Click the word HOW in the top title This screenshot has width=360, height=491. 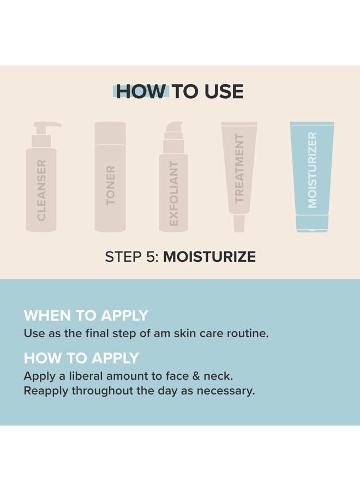tap(140, 92)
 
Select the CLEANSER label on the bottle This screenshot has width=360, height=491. tap(41, 190)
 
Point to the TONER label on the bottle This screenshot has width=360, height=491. tap(111, 185)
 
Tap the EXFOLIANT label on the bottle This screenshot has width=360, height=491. tap(173, 194)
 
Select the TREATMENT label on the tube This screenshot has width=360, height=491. tap(239, 168)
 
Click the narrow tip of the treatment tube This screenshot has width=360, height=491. tap(239, 223)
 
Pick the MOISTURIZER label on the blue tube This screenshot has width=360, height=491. tap(312, 170)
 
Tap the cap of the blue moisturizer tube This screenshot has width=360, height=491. tap(312, 223)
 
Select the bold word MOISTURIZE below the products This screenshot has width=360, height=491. tap(209, 257)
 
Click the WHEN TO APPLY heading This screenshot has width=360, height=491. tap(86, 315)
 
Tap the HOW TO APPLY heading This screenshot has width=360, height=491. tap(81, 358)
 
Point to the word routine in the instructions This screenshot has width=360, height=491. tap(249, 333)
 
